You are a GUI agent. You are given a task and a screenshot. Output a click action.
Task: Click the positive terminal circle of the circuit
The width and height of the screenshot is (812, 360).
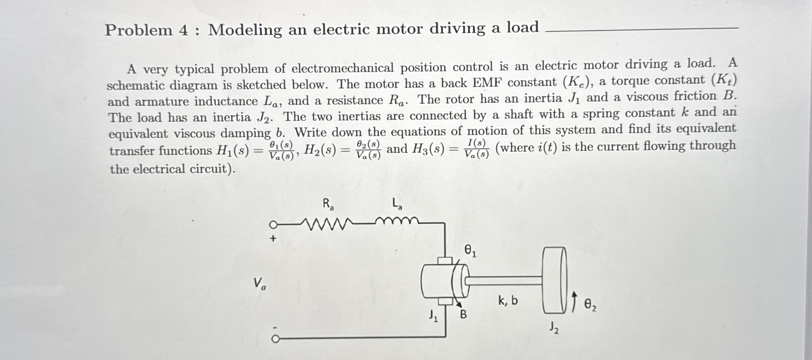point(273,225)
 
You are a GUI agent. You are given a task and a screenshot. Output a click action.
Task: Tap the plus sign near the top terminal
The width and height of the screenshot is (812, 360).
point(273,238)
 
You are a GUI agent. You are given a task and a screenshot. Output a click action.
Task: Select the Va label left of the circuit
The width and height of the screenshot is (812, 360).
point(259,283)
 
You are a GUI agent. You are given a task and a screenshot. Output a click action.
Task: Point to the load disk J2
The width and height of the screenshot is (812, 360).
point(554,280)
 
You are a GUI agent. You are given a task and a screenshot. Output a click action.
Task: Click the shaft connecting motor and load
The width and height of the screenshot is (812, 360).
point(504,281)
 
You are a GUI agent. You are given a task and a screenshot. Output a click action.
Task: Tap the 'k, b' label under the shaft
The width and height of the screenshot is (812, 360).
point(508,300)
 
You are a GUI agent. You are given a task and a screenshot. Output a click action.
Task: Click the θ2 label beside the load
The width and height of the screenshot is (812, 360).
point(590,305)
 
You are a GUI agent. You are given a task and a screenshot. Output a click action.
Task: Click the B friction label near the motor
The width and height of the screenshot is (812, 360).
point(463,315)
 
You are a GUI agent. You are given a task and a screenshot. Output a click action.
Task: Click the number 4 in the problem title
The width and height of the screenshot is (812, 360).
point(184,31)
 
